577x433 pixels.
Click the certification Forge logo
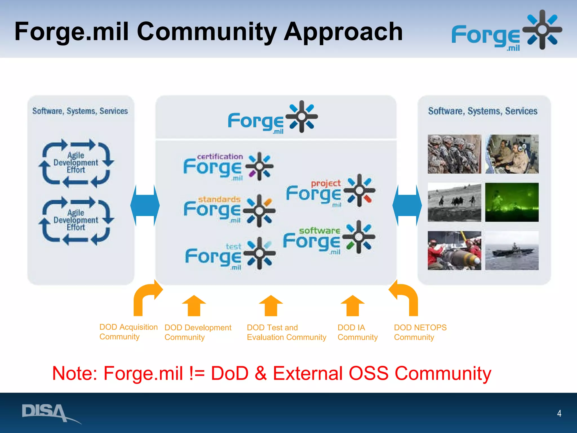coord(228,167)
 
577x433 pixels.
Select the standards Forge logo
coord(229,210)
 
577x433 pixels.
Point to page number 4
coord(559,413)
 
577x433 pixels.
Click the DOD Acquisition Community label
coord(128,332)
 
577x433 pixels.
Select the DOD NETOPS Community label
coord(420,332)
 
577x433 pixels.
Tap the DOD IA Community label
coord(357,332)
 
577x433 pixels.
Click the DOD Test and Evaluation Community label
coord(286,332)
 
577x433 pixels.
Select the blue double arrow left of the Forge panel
coord(145,206)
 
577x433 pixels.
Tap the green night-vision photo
coord(512,202)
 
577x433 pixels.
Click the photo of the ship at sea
coord(512,250)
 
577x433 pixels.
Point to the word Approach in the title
coord(343,32)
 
